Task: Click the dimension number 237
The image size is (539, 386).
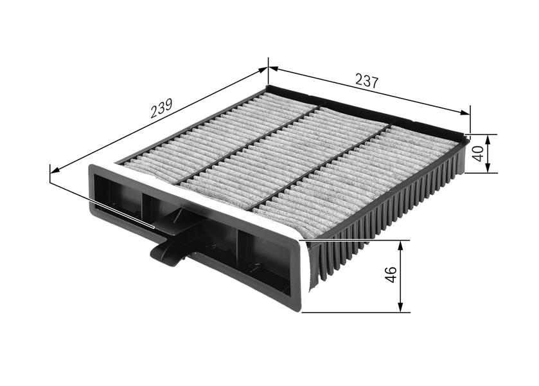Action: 367,80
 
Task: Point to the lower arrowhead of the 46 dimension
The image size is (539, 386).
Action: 400,308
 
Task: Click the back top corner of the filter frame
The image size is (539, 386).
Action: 268,87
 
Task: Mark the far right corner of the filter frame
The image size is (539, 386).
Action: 464,137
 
